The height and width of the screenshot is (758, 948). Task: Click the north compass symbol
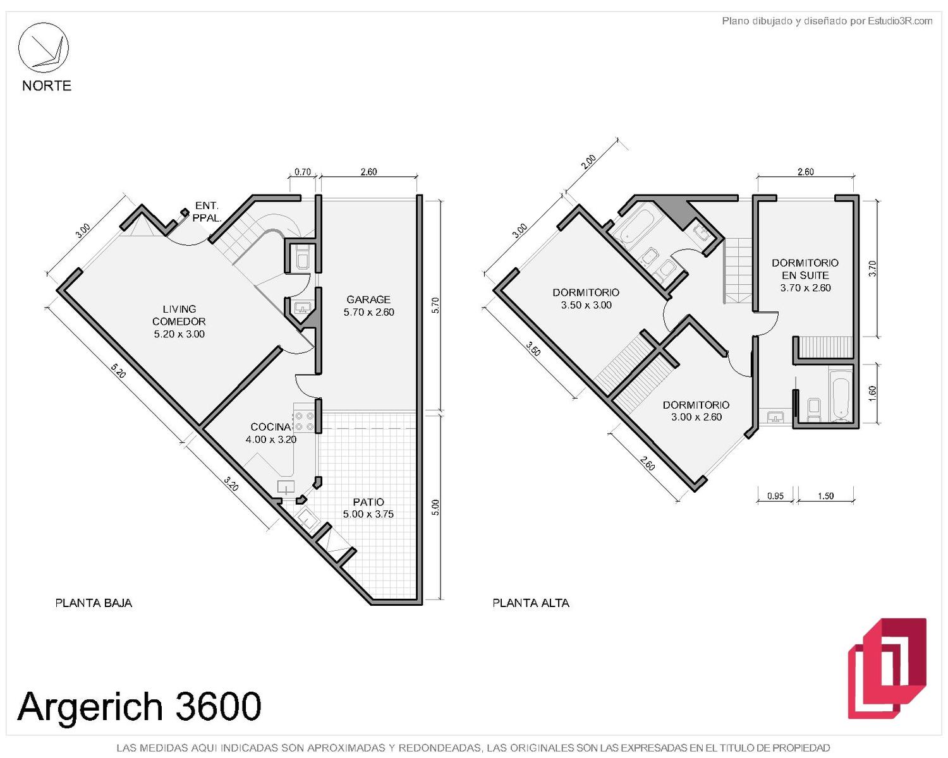tap(43, 47)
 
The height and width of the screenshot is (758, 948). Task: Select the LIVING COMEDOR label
tap(179, 321)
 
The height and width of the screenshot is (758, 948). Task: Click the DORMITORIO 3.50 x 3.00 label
tap(585, 299)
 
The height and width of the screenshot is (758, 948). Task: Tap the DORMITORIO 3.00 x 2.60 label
tap(696, 411)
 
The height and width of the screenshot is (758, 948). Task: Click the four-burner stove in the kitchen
tap(304, 421)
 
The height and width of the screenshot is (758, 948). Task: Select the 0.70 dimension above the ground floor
tap(302, 172)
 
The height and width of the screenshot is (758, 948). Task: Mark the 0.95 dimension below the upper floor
tap(775, 496)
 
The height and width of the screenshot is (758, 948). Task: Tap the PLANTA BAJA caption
tap(94, 603)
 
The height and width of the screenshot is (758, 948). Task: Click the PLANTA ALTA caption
tap(530, 603)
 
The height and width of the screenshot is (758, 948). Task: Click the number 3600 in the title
tap(218, 706)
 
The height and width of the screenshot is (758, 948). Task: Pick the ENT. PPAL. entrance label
tap(207, 212)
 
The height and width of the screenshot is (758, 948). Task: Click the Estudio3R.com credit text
tap(900, 21)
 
